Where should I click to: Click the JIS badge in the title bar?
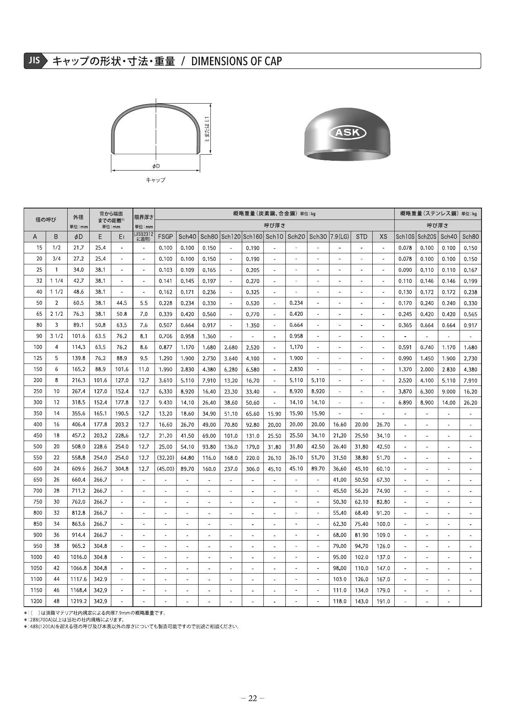34,60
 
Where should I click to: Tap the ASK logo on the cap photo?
347,132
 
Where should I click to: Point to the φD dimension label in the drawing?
156,166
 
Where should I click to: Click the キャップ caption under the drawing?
155,180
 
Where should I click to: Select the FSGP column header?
166,237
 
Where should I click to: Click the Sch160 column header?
253,237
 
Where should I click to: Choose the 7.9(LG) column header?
340,237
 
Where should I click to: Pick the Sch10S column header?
405,237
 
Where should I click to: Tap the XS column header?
383,237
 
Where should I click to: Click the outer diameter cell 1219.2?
78,601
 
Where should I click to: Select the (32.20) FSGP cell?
166,458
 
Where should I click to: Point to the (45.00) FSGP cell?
166,469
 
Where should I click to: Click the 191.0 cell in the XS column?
383,601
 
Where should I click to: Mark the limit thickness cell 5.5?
144,303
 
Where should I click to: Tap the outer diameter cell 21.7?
78,248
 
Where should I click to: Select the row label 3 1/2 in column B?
56,336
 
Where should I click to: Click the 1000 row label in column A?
36,557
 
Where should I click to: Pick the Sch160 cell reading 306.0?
253,469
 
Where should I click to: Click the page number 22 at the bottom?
253,698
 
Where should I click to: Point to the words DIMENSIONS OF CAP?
236,61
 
